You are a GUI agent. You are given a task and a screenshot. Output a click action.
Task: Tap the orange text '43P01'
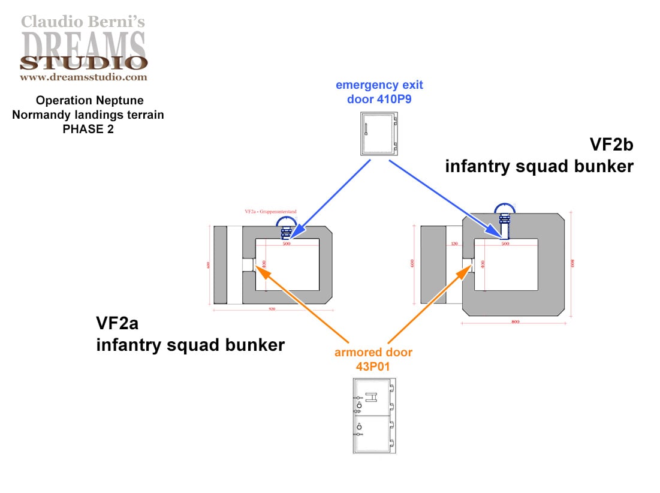click(x=373, y=365)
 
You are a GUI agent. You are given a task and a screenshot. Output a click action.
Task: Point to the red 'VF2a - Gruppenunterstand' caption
click(x=270, y=212)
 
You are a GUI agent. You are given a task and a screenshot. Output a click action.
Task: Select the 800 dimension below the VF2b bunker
click(x=514, y=322)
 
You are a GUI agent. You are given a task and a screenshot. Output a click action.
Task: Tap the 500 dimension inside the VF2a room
click(x=286, y=244)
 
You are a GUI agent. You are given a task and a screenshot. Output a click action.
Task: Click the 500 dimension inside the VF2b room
click(x=505, y=244)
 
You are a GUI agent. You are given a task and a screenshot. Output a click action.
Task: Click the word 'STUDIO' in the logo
click(x=83, y=62)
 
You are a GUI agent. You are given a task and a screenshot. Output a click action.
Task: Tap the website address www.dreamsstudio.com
click(x=83, y=77)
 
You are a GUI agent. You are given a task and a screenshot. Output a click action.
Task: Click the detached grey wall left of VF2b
click(x=431, y=264)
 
